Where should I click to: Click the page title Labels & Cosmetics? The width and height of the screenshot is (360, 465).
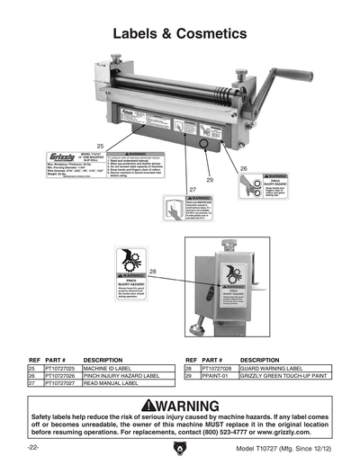click(x=179, y=33)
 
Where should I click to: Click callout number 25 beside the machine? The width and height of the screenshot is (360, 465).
click(x=101, y=145)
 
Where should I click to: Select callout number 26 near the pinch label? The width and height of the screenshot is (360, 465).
click(x=243, y=168)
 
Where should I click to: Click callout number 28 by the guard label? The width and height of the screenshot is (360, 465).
click(x=152, y=271)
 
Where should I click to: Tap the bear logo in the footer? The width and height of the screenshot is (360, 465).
click(x=180, y=446)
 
